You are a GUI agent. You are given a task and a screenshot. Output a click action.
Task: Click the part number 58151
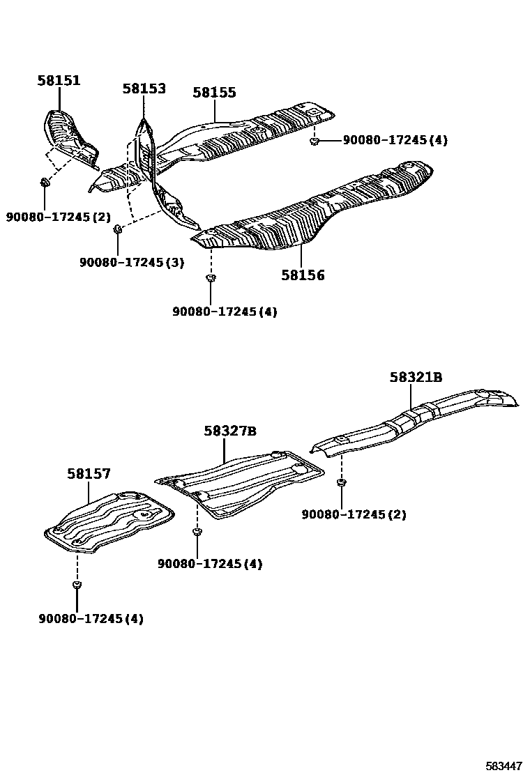point(59,81)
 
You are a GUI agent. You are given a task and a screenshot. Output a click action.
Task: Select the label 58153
point(144,89)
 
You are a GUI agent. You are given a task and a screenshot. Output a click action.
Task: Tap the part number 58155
point(215,92)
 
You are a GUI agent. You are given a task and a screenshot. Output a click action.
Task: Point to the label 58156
point(303,275)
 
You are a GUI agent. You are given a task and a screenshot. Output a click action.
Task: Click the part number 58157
point(89,474)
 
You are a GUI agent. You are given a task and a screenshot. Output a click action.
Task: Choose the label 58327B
point(230,431)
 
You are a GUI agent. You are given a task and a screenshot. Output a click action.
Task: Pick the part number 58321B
point(416,377)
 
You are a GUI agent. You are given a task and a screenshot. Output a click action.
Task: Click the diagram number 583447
point(504,766)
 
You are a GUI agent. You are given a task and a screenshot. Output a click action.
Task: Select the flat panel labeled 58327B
point(241,484)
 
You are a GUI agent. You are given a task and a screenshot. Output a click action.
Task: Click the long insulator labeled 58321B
point(418,422)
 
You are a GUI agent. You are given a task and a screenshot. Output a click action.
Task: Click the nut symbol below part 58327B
point(197,532)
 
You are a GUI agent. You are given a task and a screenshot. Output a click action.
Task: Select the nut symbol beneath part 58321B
point(341,483)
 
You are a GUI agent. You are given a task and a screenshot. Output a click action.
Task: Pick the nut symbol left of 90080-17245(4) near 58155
point(315,141)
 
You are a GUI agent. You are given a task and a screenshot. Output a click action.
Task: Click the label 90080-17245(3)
point(132,262)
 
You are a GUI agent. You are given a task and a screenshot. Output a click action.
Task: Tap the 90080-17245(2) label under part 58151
point(59,217)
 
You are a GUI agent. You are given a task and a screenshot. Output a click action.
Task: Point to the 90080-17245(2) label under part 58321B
point(354,514)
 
